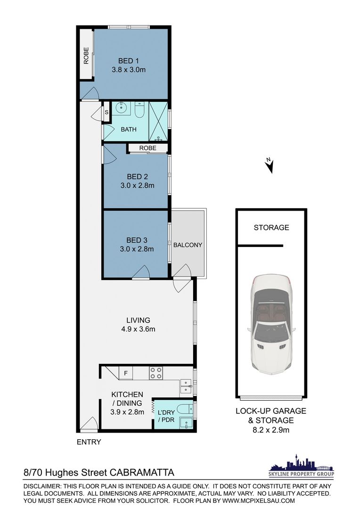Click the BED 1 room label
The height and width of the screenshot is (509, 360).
pyautogui.click(x=129, y=61)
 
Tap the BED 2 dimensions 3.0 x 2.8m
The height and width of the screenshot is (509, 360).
pyautogui.click(x=137, y=186)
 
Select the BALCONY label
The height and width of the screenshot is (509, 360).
pyautogui.click(x=188, y=245)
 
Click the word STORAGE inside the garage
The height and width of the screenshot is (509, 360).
pyautogui.click(x=271, y=228)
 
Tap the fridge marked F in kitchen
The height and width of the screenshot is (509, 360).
pyautogui.click(x=126, y=373)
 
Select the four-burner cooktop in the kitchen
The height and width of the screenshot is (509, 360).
pyautogui.click(x=156, y=373)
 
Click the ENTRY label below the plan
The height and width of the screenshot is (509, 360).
pyautogui.click(x=89, y=442)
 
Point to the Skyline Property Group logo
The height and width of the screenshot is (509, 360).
pyautogui.click(x=301, y=466)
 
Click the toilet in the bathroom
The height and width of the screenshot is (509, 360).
pyautogui.click(x=140, y=110)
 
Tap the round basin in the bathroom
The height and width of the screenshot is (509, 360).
pyautogui.click(x=122, y=108)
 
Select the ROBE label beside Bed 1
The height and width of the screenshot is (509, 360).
pyautogui.click(x=86, y=56)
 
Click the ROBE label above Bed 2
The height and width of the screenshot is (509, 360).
pyautogui.click(x=147, y=148)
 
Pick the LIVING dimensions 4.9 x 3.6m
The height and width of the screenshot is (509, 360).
pyautogui.click(x=138, y=329)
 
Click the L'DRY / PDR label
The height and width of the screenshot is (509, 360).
pyautogui.click(x=166, y=416)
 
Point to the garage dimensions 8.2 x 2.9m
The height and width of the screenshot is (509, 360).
pyautogui.click(x=271, y=430)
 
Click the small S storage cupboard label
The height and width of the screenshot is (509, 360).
pyautogui.click(x=106, y=113)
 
